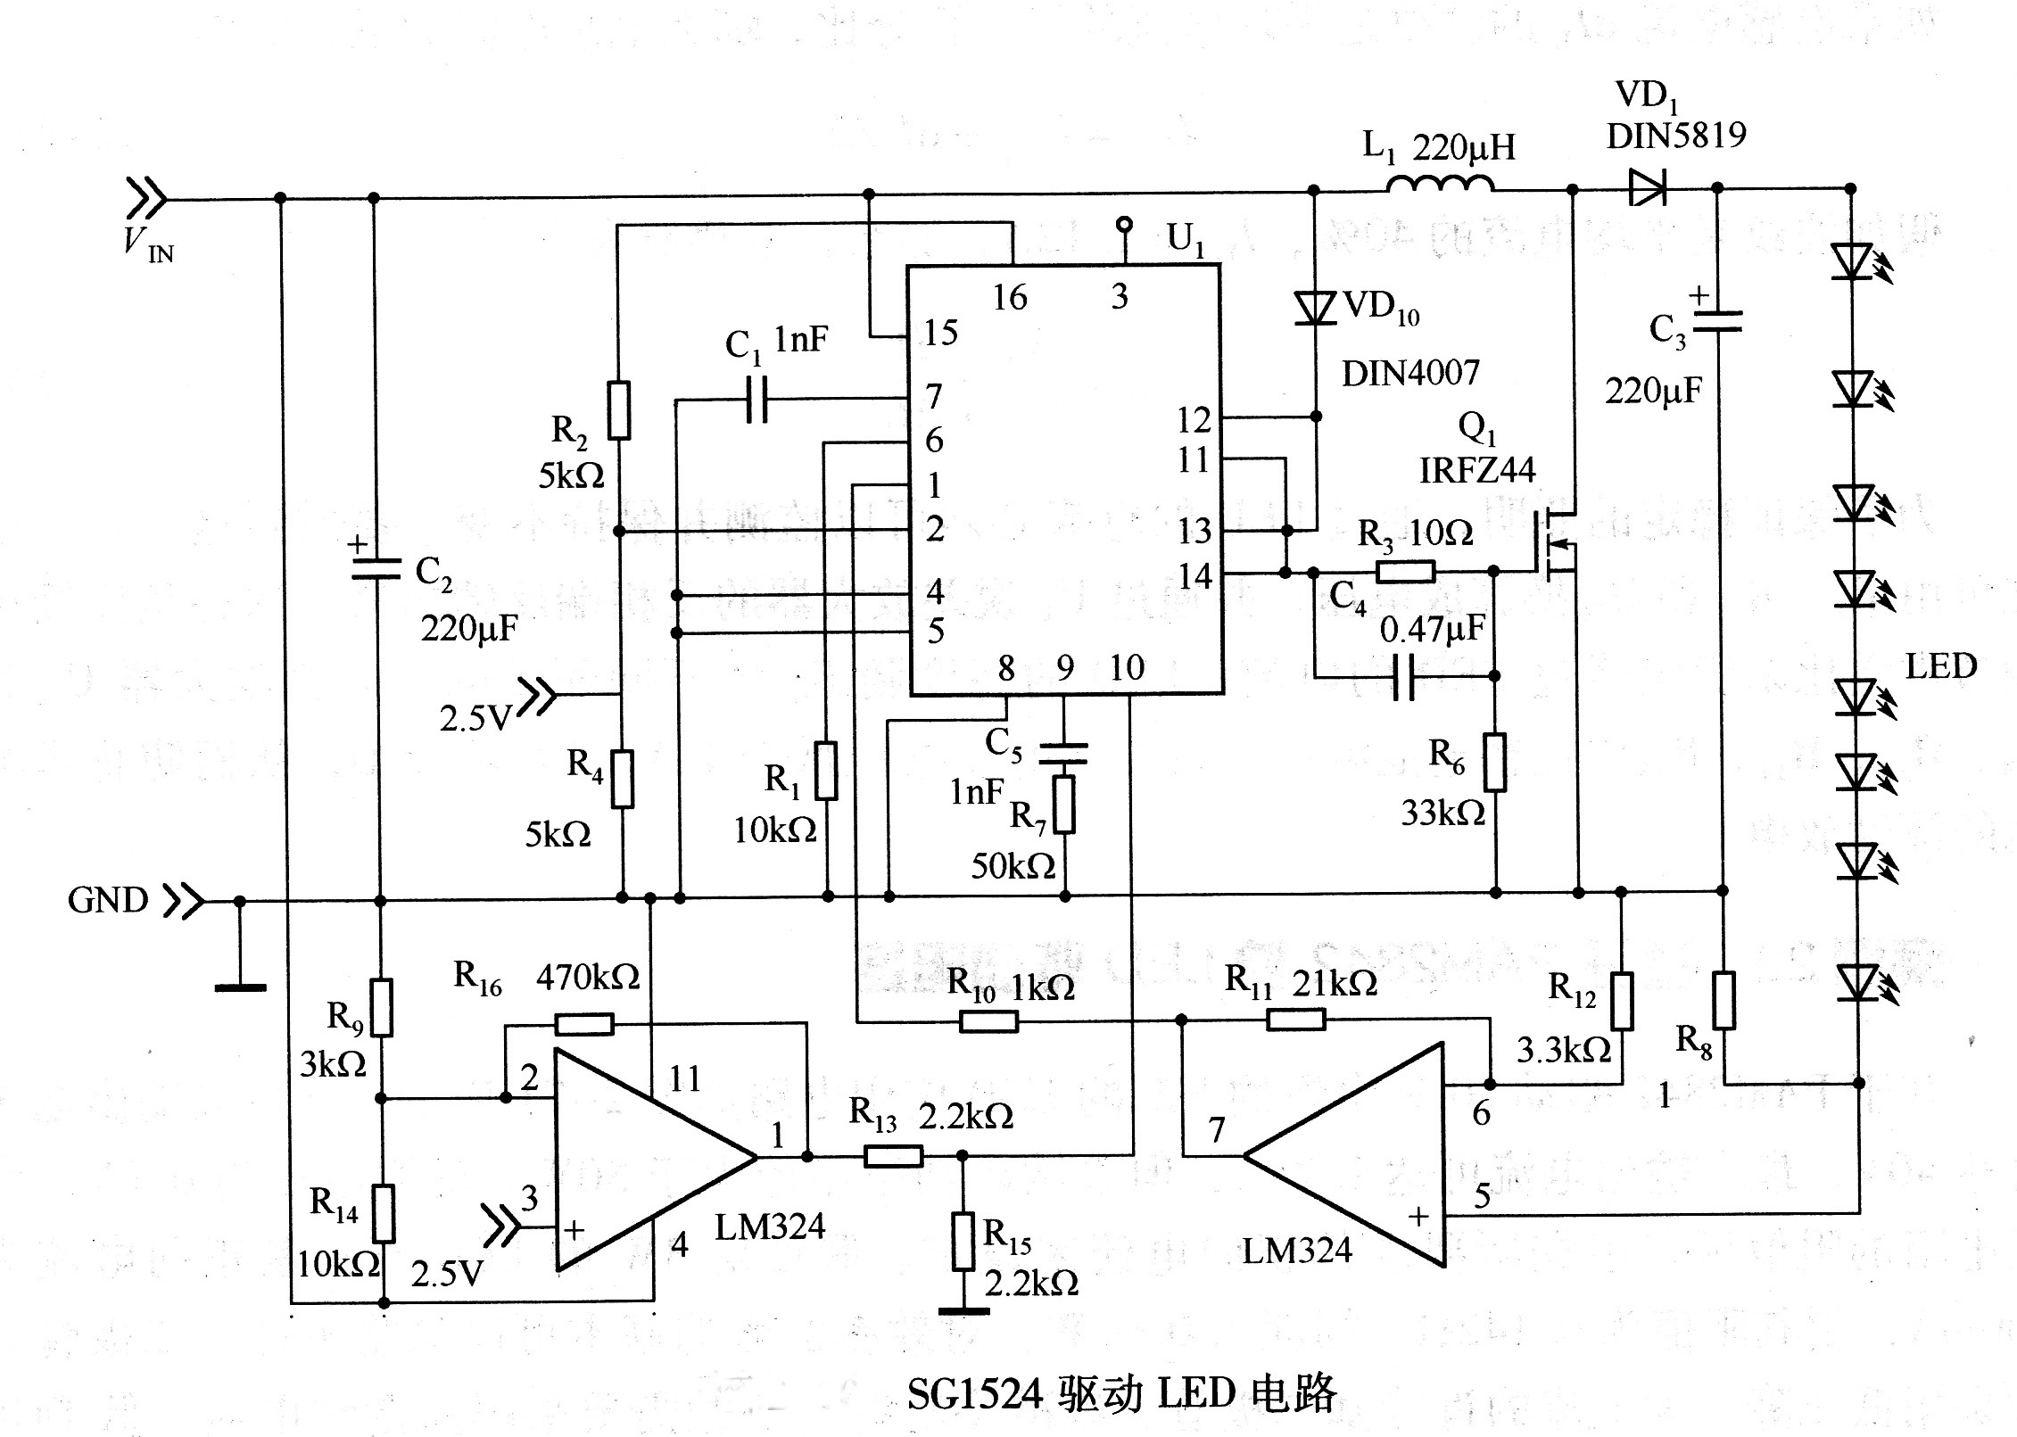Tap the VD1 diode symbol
coord(1647,188)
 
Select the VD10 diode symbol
coord(1315,309)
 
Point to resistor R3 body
coord(1405,572)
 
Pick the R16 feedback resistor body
coord(584,1023)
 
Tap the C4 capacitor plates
coord(1403,677)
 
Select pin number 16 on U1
coord(1010,298)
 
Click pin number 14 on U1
coord(1194,576)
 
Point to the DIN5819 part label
coord(1676,136)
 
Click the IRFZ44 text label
coord(1477,470)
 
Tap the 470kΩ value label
coord(588,978)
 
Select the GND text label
coord(108,900)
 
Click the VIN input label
coord(148,243)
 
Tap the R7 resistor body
coord(1064,805)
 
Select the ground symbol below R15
coord(963,1310)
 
